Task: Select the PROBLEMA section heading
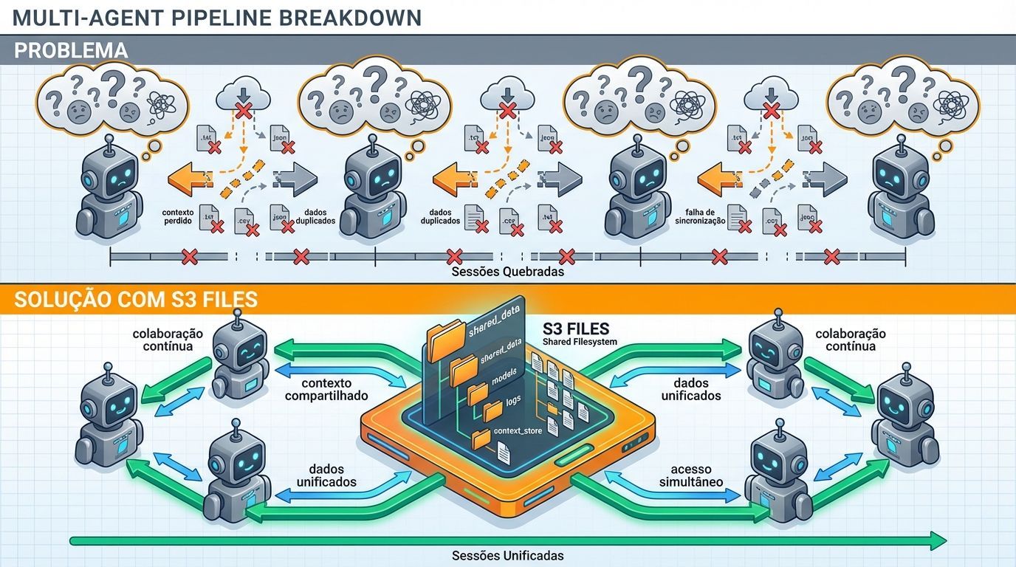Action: coord(70,50)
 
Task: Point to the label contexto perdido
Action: coord(177,216)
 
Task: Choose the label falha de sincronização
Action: coord(700,216)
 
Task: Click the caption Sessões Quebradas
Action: coord(507,271)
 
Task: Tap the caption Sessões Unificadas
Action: coord(507,555)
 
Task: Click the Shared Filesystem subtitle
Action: coord(579,341)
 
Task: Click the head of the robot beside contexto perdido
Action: coord(110,170)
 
